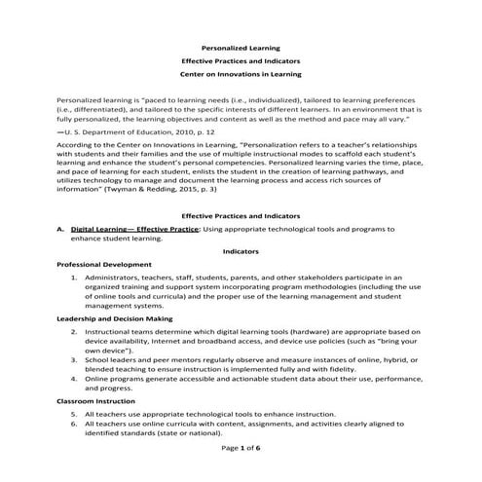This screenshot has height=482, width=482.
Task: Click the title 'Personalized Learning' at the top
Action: [240, 46]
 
